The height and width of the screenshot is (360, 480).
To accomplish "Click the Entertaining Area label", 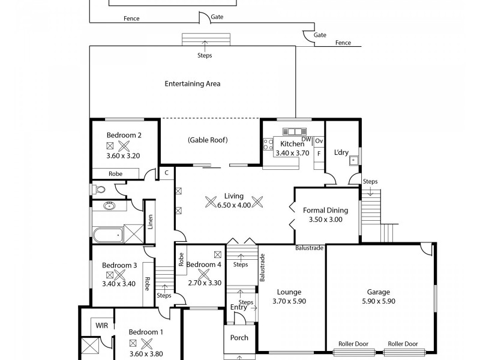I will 192,84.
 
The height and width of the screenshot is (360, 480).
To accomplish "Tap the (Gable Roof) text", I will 208,140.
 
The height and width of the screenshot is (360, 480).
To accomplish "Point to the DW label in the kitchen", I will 306,139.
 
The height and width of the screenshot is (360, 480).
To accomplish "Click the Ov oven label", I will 319,141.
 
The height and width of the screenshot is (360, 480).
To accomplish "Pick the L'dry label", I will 341,152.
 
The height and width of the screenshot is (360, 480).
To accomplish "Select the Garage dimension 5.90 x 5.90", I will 379,301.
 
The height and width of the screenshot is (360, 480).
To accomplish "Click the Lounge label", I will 289,292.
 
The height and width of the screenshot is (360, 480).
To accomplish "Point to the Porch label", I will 239,338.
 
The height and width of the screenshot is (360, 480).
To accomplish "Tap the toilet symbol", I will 100,190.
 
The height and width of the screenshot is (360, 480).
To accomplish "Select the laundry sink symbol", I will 355,160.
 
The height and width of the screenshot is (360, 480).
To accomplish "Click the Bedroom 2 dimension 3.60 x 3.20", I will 124,156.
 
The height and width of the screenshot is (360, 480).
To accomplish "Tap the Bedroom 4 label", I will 203,265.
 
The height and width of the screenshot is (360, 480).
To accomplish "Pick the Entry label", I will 238,307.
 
